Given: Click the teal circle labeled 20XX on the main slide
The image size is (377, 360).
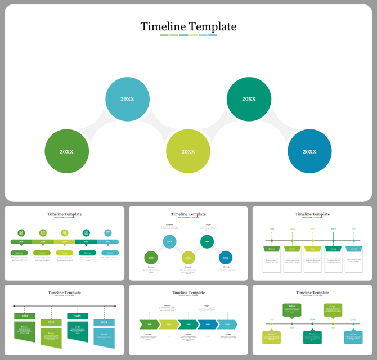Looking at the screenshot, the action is (127, 99).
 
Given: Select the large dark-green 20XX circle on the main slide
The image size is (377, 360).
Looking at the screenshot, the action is (67, 151).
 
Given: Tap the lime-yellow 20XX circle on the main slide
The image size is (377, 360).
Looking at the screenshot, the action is (188, 151).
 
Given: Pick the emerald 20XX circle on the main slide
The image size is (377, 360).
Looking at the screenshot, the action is (249, 99).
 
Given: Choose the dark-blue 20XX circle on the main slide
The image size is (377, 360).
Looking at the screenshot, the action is (309, 151).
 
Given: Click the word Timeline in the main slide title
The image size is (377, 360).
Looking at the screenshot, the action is (162, 26).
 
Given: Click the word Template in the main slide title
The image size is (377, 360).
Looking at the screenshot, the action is (212, 26).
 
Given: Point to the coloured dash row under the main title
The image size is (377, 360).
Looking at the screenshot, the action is (188, 35).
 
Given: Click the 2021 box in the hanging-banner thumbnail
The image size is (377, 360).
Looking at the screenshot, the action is (25, 316).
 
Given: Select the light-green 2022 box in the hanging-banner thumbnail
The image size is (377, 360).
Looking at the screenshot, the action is (51, 323).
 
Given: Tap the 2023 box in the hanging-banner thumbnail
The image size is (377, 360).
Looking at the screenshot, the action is (78, 316).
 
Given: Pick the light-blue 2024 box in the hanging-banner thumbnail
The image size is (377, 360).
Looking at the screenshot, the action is (104, 323).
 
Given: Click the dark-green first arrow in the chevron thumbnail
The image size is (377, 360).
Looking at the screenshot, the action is (149, 325).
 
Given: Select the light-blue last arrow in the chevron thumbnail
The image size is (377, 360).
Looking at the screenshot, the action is (227, 325).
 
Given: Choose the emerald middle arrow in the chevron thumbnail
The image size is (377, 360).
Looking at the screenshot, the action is (188, 325).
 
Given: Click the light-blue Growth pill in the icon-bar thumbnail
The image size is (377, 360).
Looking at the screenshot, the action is (108, 253).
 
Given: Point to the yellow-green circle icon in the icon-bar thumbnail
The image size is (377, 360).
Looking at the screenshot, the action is (65, 232).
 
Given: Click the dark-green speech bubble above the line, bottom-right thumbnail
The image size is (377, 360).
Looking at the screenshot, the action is (291, 309).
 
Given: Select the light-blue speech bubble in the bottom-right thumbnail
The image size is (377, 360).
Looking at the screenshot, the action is (353, 337).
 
